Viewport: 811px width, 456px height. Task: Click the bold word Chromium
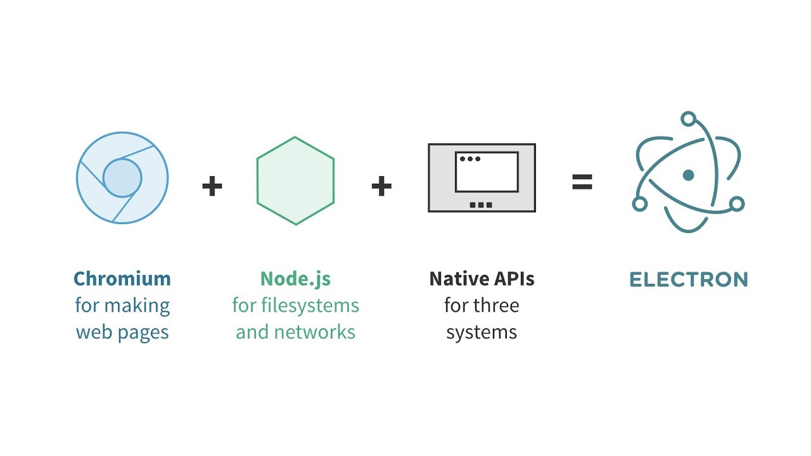point(122,279)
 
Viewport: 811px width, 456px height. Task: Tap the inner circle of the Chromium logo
point(122,178)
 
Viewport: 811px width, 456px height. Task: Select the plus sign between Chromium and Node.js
point(212,186)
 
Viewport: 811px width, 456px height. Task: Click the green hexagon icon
point(295,180)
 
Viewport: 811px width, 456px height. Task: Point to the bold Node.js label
point(295,279)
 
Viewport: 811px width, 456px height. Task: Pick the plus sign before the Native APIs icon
point(381,186)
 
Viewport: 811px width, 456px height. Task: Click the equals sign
point(582,183)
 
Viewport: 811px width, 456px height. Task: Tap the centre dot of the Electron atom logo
point(689,175)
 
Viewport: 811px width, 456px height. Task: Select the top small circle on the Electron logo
point(689,118)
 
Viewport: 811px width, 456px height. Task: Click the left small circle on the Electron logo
point(640,204)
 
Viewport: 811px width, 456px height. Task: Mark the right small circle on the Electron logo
point(737,204)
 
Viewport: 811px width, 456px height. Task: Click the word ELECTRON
point(689,279)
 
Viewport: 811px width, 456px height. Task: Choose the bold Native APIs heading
point(482,279)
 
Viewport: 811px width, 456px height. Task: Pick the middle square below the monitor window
point(482,205)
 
